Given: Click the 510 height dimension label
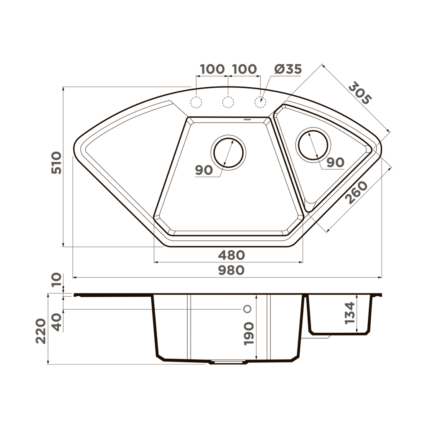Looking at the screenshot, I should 56,163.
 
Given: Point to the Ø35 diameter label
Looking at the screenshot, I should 288,69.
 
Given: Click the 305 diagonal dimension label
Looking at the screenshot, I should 359,93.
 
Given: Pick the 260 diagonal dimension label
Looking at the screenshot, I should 357,192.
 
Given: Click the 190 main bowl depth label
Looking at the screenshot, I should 249,333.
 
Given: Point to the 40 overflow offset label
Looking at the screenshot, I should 56,322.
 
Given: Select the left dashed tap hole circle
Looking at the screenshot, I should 196,102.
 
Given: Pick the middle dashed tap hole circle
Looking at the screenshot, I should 228,102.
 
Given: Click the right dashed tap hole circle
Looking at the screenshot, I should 260,102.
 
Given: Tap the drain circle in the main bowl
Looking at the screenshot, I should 228,153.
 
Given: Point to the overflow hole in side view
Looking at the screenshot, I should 247,309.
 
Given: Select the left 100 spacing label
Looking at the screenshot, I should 212,69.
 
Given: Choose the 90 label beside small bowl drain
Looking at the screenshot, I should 335,163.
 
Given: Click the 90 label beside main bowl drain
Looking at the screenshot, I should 204,170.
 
